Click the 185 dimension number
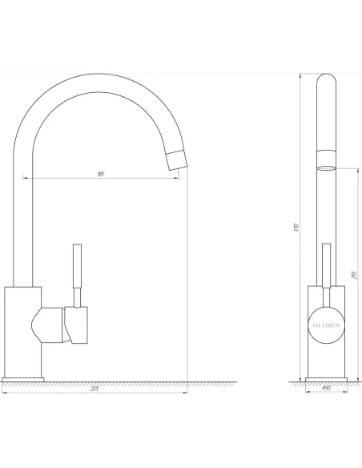100,173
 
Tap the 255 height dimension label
352,273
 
